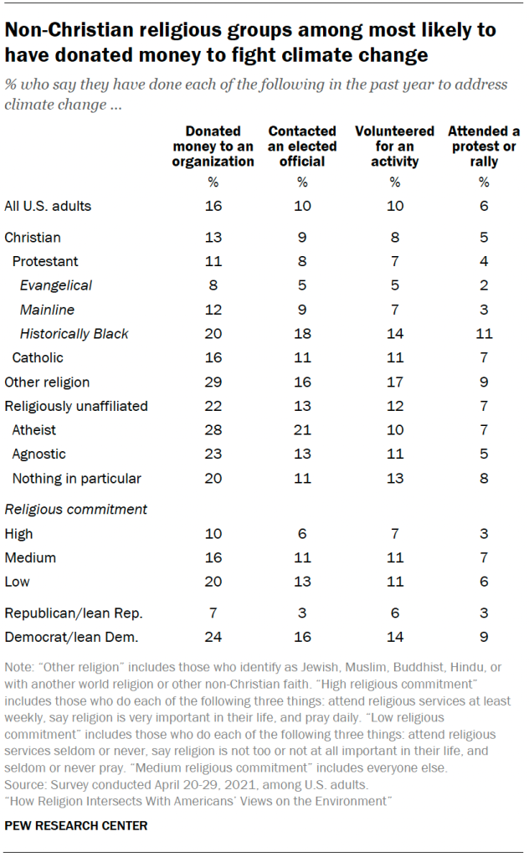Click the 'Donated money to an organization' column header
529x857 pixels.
(213, 146)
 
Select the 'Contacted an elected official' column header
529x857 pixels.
(302, 146)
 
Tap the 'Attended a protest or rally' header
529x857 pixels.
(483, 146)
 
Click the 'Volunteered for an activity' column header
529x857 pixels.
(394, 146)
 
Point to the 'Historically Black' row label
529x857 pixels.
(74, 334)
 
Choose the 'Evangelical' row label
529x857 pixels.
(56, 285)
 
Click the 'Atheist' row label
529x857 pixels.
(34, 430)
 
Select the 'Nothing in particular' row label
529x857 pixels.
(76, 479)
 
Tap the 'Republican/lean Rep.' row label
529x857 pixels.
(64, 613)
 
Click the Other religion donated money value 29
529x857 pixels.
(213, 382)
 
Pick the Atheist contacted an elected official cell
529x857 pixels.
(302, 430)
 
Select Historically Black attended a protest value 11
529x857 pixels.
(483, 334)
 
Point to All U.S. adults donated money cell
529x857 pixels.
(213, 206)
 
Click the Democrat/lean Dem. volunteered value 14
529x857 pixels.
(394, 637)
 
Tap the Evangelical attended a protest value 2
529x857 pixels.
(483, 285)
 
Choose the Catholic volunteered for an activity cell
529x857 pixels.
(394, 358)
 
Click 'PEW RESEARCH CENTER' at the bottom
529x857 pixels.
(76, 826)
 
